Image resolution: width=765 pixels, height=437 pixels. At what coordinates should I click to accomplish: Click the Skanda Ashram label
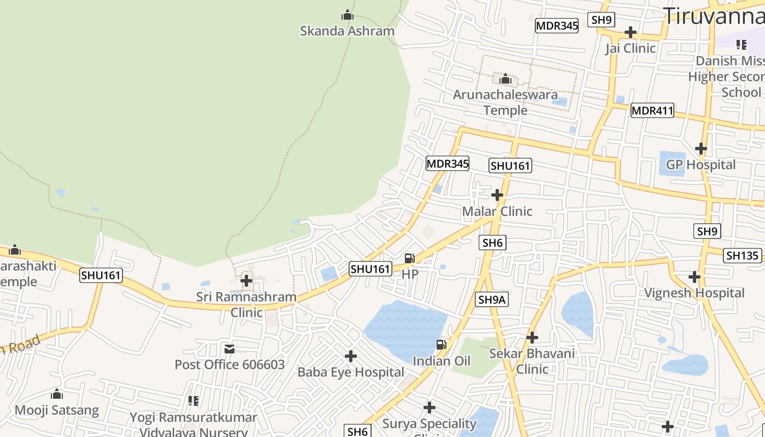pos(347,31)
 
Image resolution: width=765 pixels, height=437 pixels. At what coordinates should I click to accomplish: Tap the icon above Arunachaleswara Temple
pos(505,80)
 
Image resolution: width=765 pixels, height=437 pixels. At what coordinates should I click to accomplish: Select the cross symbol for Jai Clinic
pos(630,32)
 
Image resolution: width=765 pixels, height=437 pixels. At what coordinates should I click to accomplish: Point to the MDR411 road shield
pos(652,111)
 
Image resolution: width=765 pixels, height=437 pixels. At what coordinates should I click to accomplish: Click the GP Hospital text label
pos(701,165)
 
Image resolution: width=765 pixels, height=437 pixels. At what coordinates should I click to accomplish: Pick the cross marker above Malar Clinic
pos(497,195)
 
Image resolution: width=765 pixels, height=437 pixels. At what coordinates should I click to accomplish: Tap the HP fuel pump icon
pos(409,258)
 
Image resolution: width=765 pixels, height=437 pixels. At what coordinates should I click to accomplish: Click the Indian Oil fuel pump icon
pos(442,345)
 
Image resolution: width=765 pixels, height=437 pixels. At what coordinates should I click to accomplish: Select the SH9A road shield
pos(492,299)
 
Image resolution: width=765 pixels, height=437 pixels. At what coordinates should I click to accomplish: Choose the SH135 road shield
pos(743,255)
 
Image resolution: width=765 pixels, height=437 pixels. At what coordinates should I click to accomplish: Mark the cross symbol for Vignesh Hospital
pos(695,277)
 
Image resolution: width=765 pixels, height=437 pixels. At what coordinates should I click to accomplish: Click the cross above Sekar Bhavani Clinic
pos(532,338)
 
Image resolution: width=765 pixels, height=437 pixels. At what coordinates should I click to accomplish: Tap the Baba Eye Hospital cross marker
pos(351,357)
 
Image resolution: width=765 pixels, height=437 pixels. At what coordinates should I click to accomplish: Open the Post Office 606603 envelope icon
pos(229,349)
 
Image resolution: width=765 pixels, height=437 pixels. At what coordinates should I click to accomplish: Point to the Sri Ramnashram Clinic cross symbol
pos(247,281)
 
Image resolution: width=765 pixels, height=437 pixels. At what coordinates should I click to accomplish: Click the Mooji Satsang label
pos(57,410)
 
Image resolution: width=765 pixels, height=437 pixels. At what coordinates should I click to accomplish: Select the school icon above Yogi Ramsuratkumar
pos(193,401)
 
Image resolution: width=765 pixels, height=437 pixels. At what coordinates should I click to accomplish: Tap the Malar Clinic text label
pos(497,211)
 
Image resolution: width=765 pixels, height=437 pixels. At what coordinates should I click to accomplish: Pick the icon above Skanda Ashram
pos(347,15)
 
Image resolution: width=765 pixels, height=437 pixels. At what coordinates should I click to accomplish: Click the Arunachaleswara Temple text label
pos(505,102)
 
